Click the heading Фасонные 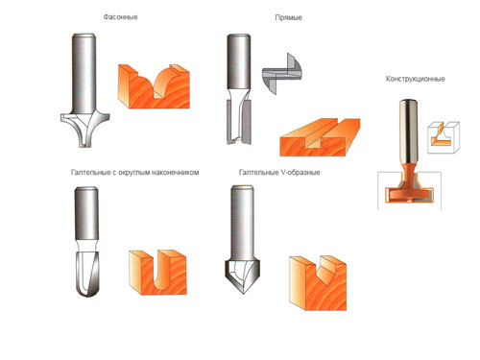coord(120,17)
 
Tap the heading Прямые coord(288,17)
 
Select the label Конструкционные coord(415,79)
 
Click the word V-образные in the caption coord(300,173)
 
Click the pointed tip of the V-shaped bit coord(244,293)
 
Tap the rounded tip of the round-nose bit coord(87,295)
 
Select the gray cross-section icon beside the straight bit coord(282,74)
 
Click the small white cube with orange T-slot coord(444,137)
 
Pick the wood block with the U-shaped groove coord(157,272)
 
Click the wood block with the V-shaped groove coord(318,283)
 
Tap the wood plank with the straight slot coord(320,137)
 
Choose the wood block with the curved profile coord(154,86)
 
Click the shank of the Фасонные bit coord(84,73)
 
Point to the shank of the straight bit coord(238,61)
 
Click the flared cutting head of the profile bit coord(85,129)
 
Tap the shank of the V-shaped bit coord(242,224)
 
